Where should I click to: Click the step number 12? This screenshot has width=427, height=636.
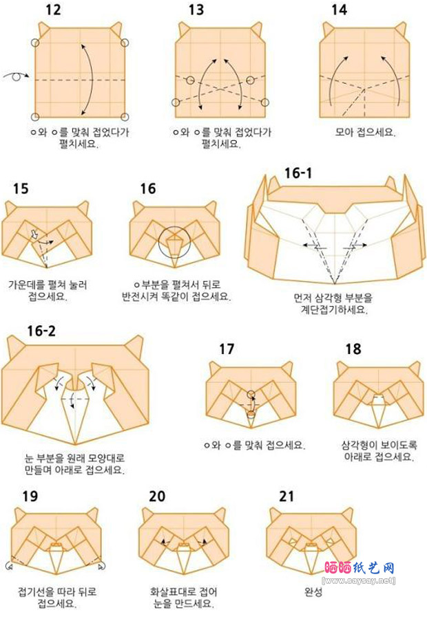53,10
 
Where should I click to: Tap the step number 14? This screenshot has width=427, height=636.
340,10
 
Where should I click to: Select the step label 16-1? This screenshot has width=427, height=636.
298,173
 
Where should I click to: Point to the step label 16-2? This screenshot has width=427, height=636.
41,331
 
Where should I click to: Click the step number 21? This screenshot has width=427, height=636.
287,496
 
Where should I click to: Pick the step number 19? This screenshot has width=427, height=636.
30,496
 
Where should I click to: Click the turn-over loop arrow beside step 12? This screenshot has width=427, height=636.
17,76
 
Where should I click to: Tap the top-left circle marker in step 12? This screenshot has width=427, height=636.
35,43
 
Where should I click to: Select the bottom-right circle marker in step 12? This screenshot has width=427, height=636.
125,117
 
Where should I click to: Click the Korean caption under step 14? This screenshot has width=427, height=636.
365,132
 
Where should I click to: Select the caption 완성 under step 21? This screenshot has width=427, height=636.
313,592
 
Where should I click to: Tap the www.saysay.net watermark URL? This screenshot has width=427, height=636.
358,580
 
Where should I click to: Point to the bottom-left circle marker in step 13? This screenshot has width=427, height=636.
176,102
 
